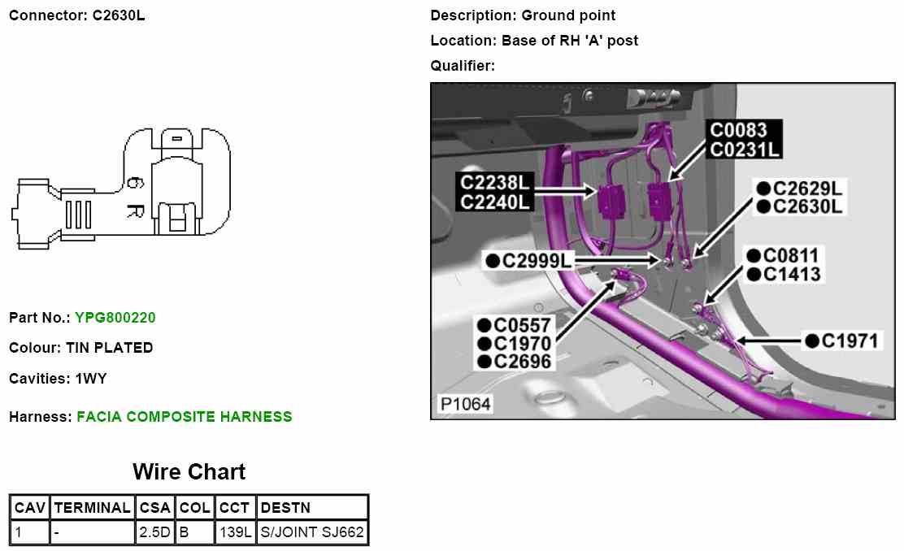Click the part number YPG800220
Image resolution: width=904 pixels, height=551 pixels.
pos(115,318)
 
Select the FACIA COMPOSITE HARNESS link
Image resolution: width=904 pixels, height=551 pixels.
pos(184,417)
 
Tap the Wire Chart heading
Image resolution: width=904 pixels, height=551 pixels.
pos(189,471)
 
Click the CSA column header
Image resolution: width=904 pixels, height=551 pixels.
pos(154,508)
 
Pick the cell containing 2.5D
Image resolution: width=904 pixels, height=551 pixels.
pos(154,533)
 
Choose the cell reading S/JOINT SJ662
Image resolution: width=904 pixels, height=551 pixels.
pos(311,533)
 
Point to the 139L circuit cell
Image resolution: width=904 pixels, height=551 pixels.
pos(236,533)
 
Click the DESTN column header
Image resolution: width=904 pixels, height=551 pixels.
pos(285,508)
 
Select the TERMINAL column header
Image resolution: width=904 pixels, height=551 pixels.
pos(92,508)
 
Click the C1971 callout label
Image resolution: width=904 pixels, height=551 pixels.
pos(850,341)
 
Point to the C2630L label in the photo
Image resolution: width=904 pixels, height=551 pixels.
pos(808,207)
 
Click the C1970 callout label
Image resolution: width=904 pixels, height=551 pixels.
pos(522,344)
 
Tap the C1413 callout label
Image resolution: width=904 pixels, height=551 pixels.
pos(791,275)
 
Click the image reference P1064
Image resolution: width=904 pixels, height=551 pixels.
pos(464,404)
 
